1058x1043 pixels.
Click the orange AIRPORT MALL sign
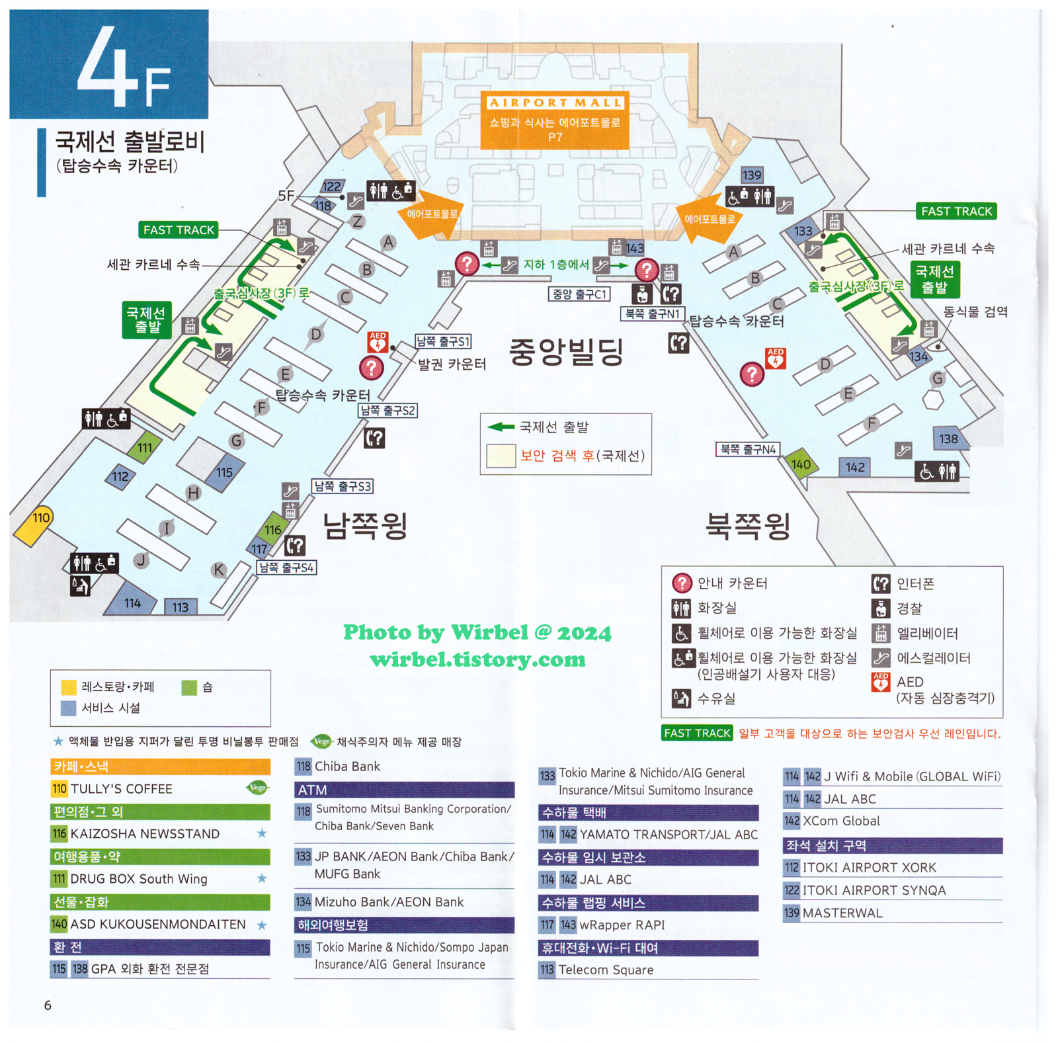[x=554, y=120]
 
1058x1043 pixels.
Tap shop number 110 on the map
[x=40, y=518]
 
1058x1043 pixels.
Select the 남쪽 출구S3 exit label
[x=343, y=487]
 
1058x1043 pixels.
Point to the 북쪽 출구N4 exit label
[x=748, y=450]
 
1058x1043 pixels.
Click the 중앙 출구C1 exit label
[x=579, y=294]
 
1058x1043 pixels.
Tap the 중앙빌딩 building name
[x=566, y=351]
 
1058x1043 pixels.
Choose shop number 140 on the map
[x=800, y=464]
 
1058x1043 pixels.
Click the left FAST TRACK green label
[x=179, y=230]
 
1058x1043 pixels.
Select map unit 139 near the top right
[x=752, y=175]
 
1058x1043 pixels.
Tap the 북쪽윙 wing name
[x=748, y=526]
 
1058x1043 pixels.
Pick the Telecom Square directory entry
[x=605, y=970]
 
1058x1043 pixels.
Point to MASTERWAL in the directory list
[x=842, y=913]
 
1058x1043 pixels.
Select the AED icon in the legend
[x=880, y=682]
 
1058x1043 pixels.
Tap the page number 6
[x=48, y=1005]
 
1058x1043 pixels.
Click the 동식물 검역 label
[x=975, y=312]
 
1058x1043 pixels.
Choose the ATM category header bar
[x=404, y=790]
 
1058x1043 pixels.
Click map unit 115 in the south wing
[x=224, y=472]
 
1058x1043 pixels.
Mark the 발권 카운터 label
[x=452, y=364]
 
